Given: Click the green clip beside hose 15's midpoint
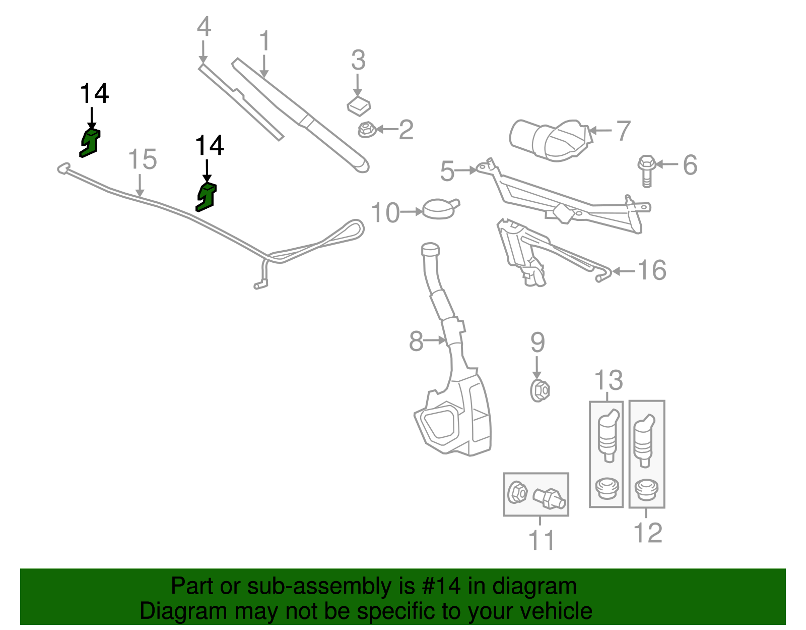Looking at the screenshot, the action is pyautogui.click(x=206, y=197).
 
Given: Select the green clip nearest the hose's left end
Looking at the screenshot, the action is pyautogui.click(x=90, y=143).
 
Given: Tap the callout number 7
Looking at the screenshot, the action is pyautogui.click(x=623, y=131).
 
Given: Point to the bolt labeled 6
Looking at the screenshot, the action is pyautogui.click(x=647, y=171).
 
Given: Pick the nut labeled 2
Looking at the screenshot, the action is pyautogui.click(x=367, y=129).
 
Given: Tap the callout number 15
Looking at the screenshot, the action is pyautogui.click(x=143, y=159).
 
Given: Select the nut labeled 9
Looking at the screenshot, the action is pyautogui.click(x=540, y=390).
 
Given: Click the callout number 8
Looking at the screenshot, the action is pyautogui.click(x=416, y=341).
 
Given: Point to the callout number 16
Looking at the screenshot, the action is pyautogui.click(x=652, y=270).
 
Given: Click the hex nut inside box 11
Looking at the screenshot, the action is pyautogui.click(x=517, y=493).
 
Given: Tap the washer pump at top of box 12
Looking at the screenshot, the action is pyautogui.click(x=644, y=440).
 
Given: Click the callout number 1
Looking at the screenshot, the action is pyautogui.click(x=264, y=41).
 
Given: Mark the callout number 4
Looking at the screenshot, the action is pyautogui.click(x=204, y=26).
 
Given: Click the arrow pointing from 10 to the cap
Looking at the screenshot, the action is pyautogui.click(x=412, y=212).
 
